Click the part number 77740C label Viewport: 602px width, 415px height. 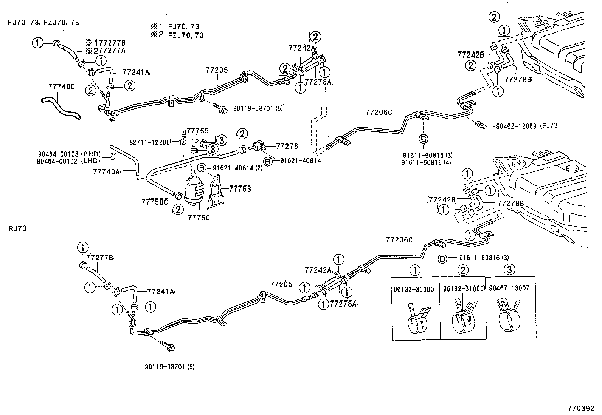pyautogui.click(x=62, y=87)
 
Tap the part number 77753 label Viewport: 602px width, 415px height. pyautogui.click(x=240, y=189)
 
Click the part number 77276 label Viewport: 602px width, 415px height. pyautogui.click(x=287, y=146)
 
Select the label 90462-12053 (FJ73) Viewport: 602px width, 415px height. pyautogui.click(x=528, y=126)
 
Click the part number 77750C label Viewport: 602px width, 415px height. pyautogui.click(x=154, y=202)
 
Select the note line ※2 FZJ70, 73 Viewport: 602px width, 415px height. pyautogui.click(x=177, y=35)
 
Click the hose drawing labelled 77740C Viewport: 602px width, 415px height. pyautogui.click(x=61, y=107)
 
